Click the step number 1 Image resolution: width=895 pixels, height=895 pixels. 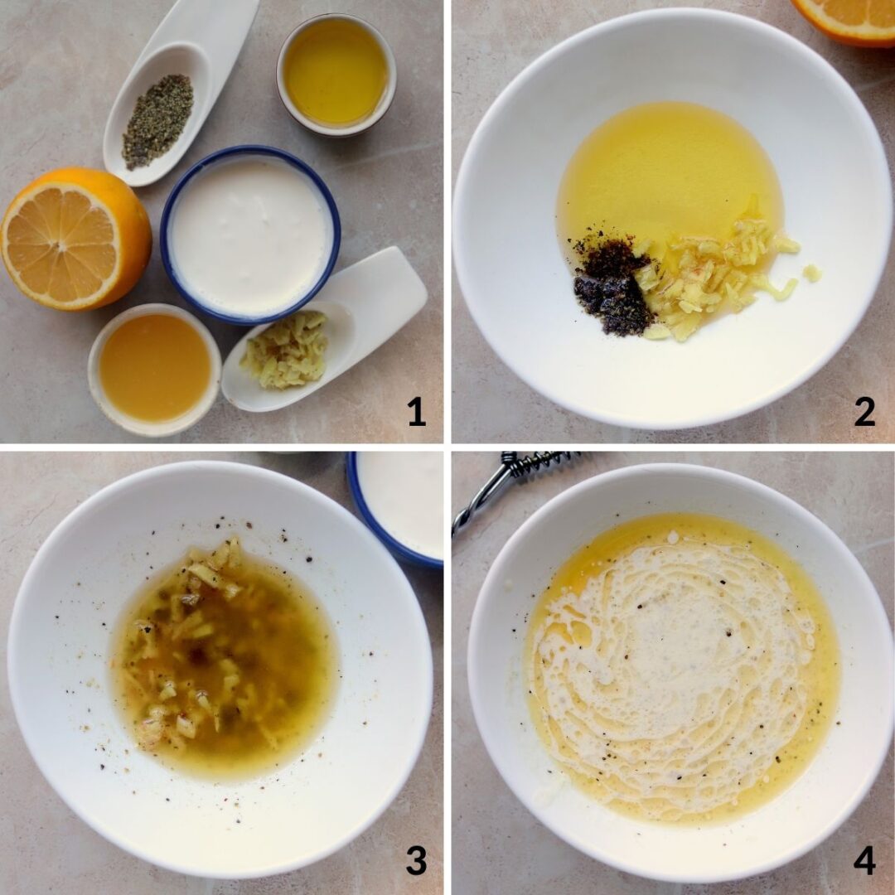(416, 411)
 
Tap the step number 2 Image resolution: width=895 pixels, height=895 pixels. (864, 411)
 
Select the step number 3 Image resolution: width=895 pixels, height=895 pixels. (416, 859)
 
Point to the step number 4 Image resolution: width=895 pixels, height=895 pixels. (864, 859)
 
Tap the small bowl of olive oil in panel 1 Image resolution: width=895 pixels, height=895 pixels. (336, 74)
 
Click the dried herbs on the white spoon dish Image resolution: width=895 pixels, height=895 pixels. (157, 121)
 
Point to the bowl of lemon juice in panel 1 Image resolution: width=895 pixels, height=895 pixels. (155, 368)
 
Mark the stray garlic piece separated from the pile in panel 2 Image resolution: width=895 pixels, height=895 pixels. (812, 273)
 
